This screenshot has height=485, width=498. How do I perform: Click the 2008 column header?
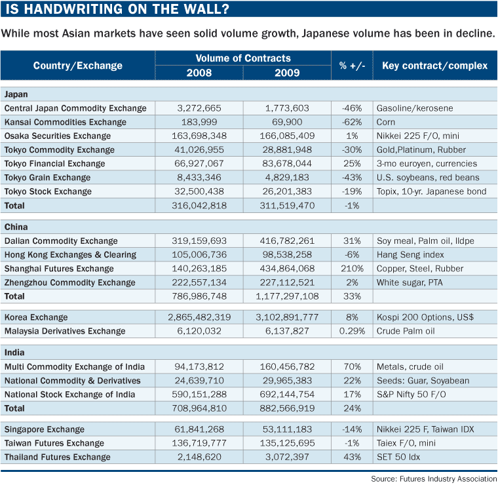tap(199, 73)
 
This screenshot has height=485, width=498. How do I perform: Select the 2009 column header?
tap(287, 73)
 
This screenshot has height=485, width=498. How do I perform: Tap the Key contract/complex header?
tap(434, 66)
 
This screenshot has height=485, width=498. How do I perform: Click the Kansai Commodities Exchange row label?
tap(66, 122)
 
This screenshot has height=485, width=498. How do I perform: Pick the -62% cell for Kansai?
tap(352, 122)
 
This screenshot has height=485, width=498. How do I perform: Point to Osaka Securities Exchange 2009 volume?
tap(287, 136)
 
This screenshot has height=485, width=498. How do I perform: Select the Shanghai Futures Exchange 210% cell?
tap(352, 269)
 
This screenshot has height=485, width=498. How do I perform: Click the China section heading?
tap(16, 227)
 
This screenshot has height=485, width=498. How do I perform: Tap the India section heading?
tap(14, 353)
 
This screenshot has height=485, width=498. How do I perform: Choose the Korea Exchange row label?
tap(36, 317)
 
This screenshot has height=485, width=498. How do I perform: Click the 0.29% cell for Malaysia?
tap(352, 331)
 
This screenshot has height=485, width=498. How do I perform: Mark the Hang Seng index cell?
tap(410, 255)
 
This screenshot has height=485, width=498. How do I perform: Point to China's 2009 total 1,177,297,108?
tap(287, 296)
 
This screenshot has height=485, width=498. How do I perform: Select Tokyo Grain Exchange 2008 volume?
tap(199, 178)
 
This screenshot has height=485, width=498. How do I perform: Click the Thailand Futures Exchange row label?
tap(58, 457)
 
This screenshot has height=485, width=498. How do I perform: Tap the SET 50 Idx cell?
tap(398, 457)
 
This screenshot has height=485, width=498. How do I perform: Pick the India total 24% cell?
tap(352, 408)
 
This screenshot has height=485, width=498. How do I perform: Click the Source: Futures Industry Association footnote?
tap(434, 478)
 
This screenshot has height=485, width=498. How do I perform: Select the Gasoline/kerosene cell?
tap(415, 108)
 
